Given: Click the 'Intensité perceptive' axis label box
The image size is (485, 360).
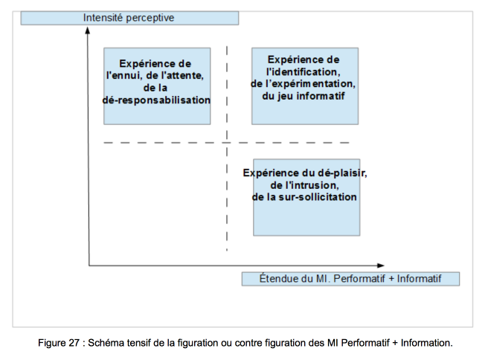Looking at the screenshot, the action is pyautogui.click(x=129, y=18).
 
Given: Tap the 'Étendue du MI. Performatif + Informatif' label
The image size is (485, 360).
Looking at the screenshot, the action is pyautogui.click(x=350, y=279).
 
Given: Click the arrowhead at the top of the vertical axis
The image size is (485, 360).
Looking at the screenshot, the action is pyautogui.click(x=88, y=30).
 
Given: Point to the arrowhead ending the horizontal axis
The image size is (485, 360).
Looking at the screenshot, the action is pyautogui.click(x=381, y=266).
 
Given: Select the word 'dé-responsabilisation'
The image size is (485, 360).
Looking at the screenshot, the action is pyautogui.click(x=156, y=100).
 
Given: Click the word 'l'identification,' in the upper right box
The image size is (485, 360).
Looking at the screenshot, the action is pyautogui.click(x=303, y=71).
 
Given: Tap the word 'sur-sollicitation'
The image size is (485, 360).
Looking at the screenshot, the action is pyautogui.click(x=318, y=197).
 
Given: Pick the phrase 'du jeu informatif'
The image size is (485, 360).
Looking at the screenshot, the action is pyautogui.click(x=303, y=96).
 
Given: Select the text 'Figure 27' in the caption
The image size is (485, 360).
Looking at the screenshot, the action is pyautogui.click(x=59, y=343).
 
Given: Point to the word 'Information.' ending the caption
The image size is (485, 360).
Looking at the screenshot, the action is pyautogui.click(x=426, y=343).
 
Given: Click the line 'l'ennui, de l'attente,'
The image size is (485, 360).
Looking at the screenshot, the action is pyautogui.click(x=155, y=75).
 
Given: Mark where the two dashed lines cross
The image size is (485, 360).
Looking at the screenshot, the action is pyautogui.click(x=227, y=143).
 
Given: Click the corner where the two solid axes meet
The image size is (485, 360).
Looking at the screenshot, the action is pyautogui.click(x=89, y=266).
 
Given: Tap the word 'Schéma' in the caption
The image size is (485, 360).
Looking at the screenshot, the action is pyautogui.click(x=102, y=343).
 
